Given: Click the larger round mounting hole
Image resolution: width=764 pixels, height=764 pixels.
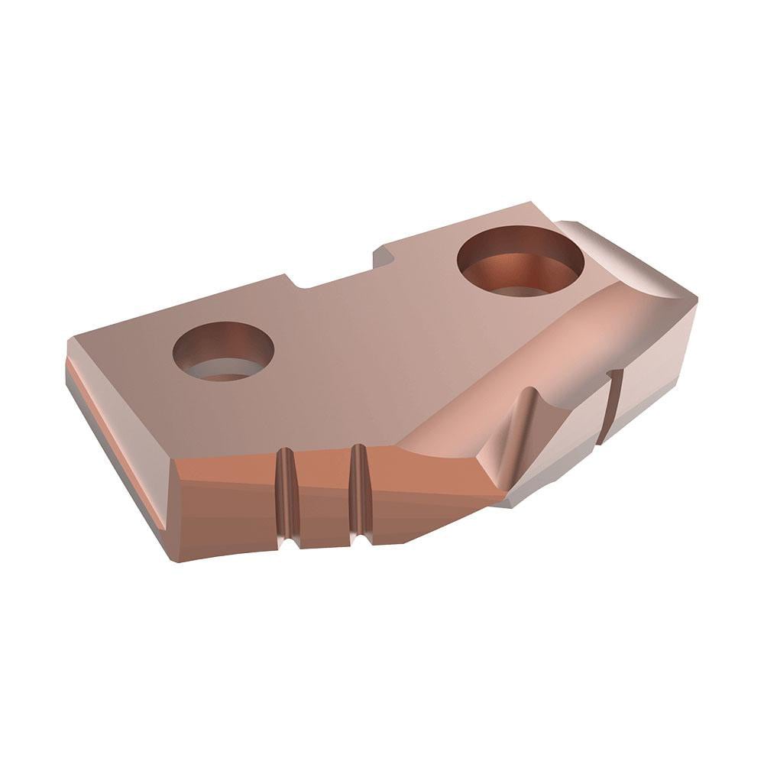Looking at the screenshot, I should [520, 264].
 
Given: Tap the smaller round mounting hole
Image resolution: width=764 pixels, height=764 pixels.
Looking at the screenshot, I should [223, 351].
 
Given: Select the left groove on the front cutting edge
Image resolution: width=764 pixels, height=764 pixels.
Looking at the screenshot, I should [285, 497].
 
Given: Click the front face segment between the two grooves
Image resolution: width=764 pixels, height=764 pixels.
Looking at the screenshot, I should [321, 497].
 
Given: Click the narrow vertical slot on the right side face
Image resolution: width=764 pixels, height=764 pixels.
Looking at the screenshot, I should [611, 405].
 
